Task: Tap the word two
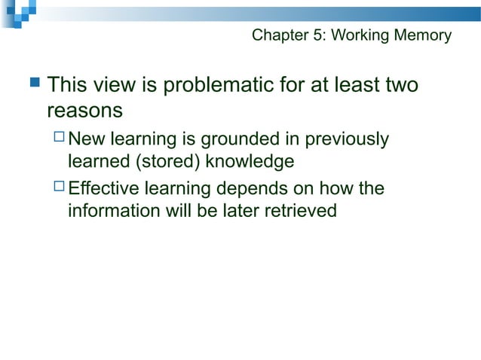tap(398, 86)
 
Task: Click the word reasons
tap(84, 111)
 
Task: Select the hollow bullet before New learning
tap(60, 139)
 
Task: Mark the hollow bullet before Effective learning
tap(60, 188)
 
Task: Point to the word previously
tap(345, 139)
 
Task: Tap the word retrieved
tap(299, 211)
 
